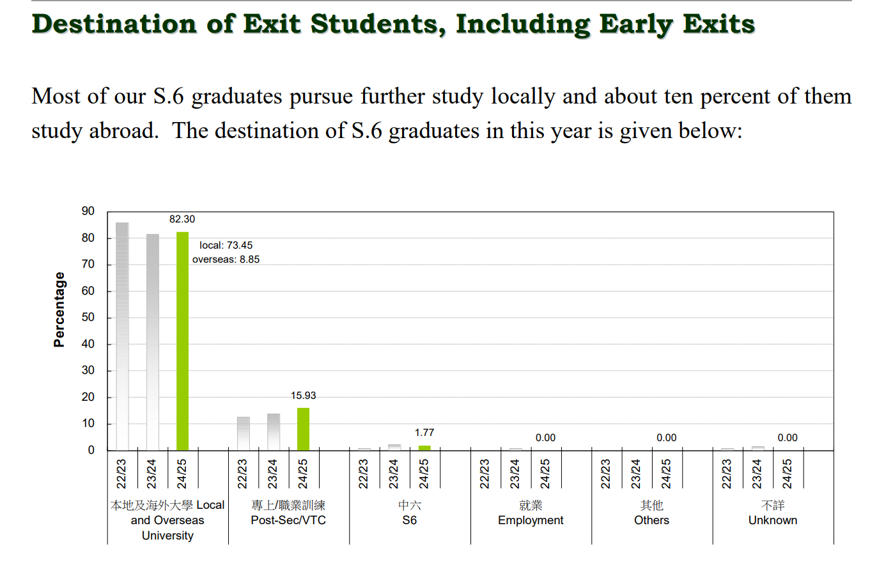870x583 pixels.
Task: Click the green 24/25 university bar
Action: pos(182,341)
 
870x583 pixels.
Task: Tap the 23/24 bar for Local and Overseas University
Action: pos(152,342)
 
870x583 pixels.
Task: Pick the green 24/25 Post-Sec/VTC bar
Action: pos(303,429)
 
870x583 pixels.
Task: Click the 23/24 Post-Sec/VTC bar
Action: pos(273,432)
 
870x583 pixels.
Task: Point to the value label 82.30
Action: pos(182,219)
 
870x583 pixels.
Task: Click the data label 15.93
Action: pos(303,396)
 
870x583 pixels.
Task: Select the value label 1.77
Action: pos(424,433)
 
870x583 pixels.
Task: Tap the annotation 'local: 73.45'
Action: pos(226,245)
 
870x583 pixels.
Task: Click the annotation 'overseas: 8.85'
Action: pos(226,260)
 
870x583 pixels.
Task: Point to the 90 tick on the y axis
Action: pos(88,211)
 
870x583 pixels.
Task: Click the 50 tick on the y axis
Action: pos(88,317)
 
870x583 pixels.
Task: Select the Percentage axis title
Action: pos(59,309)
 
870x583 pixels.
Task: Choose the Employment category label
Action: pos(531,520)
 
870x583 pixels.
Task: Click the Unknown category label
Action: pos(773,520)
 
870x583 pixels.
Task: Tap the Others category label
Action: pos(651,520)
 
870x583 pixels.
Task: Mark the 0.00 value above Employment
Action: pos(545,438)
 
